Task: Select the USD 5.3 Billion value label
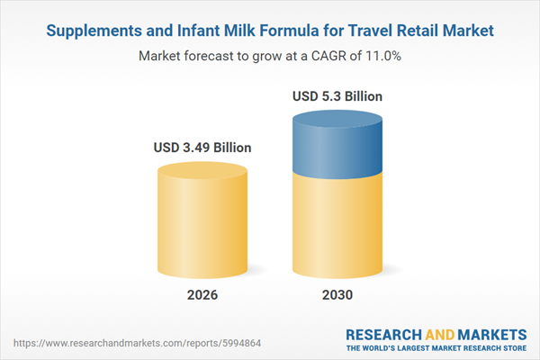(337, 95)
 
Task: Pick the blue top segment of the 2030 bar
(337, 139)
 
